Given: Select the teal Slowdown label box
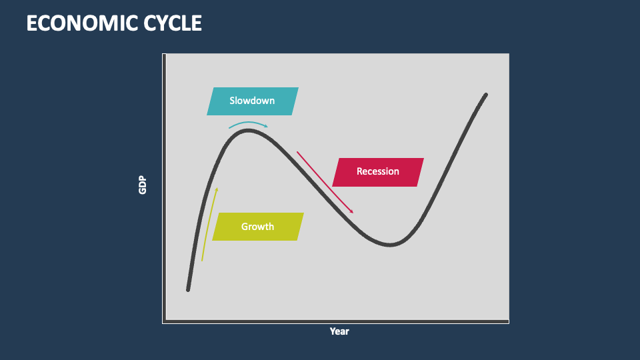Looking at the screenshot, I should coord(252,101).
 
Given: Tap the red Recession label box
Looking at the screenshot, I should coord(378,171).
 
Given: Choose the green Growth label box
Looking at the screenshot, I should coord(257,227).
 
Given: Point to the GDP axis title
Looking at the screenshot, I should coord(142,185).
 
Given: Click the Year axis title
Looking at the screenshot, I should coord(339,331).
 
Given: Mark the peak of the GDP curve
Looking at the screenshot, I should coord(248,131).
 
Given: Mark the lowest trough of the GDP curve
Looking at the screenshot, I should coord(390,245).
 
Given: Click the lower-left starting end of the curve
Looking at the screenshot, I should coord(188,289).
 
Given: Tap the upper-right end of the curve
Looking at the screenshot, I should coord(486,95).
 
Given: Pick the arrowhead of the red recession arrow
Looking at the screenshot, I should coord(353,213).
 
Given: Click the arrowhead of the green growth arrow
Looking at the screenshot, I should coord(217,189).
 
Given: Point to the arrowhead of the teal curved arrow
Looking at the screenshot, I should coord(267,126).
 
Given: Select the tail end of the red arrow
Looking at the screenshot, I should coord(297,152).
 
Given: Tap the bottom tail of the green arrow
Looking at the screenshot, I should coord(202,260).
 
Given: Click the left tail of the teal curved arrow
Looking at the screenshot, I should coord(229,127).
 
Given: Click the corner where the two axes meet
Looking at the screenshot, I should coord(164,322).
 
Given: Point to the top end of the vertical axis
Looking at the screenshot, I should coord(164,55).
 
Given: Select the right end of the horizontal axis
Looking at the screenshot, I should coord(508,322).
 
